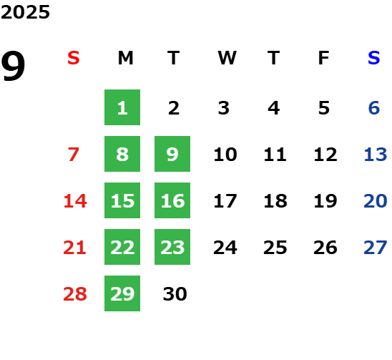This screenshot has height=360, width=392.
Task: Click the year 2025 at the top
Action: (25, 12)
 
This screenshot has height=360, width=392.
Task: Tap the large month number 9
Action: (13, 66)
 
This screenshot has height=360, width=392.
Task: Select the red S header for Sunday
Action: (74, 58)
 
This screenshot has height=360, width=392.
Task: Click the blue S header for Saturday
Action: (374, 58)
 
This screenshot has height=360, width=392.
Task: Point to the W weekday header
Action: (227, 58)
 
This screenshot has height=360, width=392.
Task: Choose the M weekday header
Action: (125, 58)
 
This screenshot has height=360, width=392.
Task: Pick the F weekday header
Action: (324, 58)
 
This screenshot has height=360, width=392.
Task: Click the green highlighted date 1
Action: (122, 107)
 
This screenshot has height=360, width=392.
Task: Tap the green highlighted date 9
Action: (172, 154)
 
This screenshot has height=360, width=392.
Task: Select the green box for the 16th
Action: (172, 200)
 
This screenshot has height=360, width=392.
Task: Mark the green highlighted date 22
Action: (122, 247)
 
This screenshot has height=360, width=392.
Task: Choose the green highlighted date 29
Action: (122, 293)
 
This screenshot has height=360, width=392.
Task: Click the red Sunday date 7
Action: (74, 154)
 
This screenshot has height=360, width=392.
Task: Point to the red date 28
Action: (75, 293)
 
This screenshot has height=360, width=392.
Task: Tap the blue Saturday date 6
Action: (374, 108)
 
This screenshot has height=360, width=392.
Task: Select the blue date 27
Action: (376, 248)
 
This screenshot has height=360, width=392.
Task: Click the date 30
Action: (175, 293)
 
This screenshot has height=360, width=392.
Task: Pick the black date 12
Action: (325, 154)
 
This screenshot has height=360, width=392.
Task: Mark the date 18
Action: (275, 200)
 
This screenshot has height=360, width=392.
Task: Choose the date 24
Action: (225, 248)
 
